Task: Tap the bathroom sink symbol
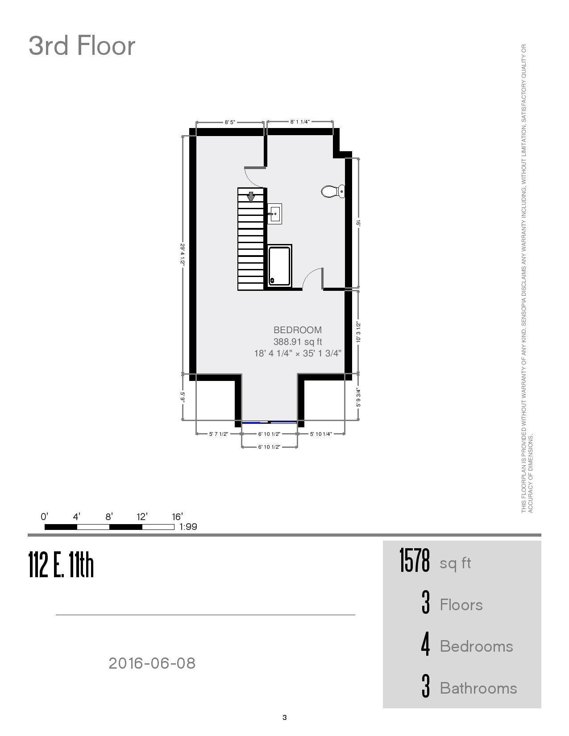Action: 274,214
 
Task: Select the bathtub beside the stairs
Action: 280,265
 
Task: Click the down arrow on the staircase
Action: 251,197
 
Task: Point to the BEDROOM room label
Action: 297,330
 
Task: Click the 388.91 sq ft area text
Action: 297,342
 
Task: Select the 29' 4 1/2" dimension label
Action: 182,254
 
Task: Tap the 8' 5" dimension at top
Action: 230,122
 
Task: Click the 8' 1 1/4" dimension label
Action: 300,122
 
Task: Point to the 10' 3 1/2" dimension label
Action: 358,332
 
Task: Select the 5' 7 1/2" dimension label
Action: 219,434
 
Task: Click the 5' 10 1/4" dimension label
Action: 321,434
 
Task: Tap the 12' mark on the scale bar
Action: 142,517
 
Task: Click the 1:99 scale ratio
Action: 188,527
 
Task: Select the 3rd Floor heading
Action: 82,45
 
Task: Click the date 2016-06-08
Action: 152,663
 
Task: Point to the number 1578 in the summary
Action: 414,561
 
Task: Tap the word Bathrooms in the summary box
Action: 478,688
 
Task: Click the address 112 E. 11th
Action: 61,565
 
